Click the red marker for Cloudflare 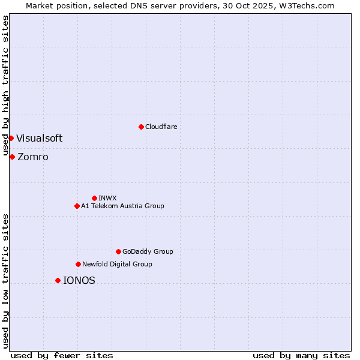[141, 127]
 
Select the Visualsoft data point [11, 138]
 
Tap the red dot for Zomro [12, 157]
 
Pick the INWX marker [94, 198]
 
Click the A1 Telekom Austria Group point [77, 206]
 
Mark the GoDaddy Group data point [118, 251]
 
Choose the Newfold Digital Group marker [78, 264]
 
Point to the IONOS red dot [58, 280]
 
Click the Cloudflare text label [161, 127]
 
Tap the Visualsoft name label [39, 138]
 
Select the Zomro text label [33, 157]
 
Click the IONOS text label [79, 280]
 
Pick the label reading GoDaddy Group [148, 251]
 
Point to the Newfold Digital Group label [117, 264]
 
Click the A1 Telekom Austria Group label [122, 206]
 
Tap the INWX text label [107, 198]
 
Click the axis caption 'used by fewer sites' [62, 355]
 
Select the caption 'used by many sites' [301, 355]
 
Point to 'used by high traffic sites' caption [5, 86]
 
